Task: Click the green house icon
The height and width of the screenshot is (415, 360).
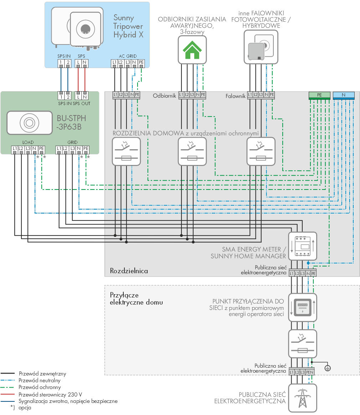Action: coord(192,50)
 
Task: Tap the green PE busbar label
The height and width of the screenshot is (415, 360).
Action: coord(319,95)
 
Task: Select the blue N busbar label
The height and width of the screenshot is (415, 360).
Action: coord(344,95)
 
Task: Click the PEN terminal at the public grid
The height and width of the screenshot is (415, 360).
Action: coord(310,372)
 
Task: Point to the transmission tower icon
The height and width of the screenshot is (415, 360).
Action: coord(303,398)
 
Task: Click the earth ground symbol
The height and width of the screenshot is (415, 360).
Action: coord(328,368)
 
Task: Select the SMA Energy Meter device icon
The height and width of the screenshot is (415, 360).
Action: coord(303,246)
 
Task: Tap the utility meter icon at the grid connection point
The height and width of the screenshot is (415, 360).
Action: coord(303,307)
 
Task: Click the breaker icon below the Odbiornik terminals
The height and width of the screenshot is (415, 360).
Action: coord(192,151)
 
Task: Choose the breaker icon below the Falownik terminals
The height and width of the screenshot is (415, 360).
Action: coord(261,151)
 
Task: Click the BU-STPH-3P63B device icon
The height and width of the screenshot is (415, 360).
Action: coord(29,123)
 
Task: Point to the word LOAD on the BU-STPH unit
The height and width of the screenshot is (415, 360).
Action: coord(28,142)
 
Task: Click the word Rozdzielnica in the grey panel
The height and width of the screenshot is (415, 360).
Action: coord(129,271)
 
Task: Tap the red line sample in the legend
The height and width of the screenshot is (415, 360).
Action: coord(7,394)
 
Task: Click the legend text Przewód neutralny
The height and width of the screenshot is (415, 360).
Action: coord(40,380)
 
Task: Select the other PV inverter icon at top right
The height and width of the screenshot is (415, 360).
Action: coord(261,47)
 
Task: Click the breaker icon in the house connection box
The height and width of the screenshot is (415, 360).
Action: coord(303,344)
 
